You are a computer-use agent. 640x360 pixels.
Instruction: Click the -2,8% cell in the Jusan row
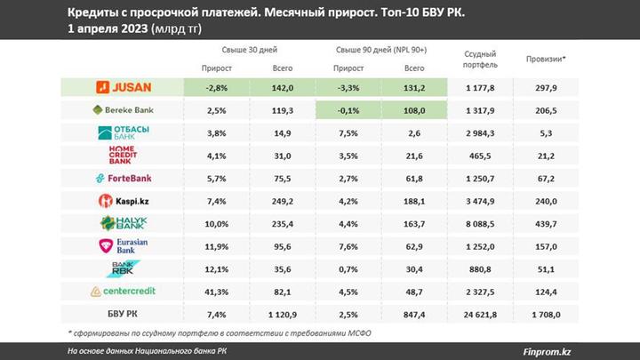[217, 87]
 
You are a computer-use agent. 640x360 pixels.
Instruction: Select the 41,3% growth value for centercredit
[217, 291]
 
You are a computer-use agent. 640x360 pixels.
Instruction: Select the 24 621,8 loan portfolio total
[480, 314]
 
